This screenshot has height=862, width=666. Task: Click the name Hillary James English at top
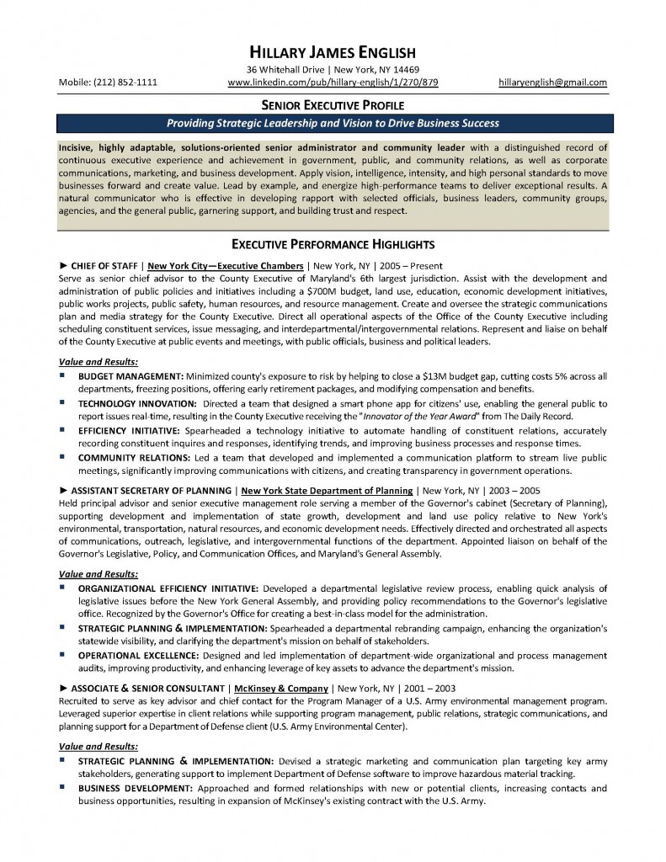(333, 51)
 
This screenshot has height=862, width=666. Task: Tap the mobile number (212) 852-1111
(108, 82)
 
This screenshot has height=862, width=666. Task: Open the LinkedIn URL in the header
(333, 82)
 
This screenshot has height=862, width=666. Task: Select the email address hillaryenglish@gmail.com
(552, 82)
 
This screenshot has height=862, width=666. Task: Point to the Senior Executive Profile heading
(333, 105)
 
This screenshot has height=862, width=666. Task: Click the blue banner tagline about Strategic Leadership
(333, 123)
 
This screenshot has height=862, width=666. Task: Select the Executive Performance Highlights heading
(333, 245)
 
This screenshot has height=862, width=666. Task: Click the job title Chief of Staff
(104, 264)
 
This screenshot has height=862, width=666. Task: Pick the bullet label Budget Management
(131, 376)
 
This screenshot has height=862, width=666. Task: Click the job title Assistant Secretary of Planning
(152, 489)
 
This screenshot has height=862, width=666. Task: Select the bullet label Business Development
(136, 788)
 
